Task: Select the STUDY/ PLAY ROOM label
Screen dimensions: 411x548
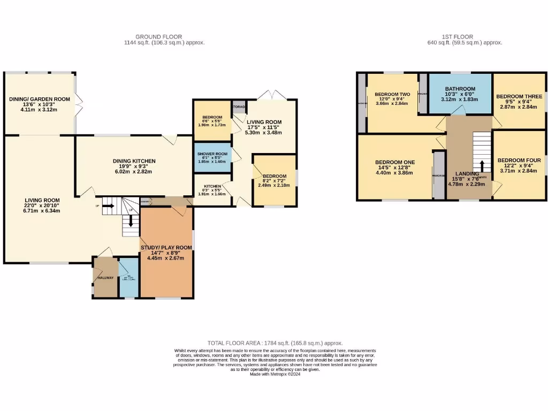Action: pos(166,247)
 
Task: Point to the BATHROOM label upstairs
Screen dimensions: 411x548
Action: pos(460,89)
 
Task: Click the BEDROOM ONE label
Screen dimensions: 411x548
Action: pos(395,162)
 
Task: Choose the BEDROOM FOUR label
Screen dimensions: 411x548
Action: pos(519,160)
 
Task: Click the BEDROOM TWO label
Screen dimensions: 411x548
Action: pos(392,94)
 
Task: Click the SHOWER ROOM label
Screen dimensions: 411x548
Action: pos(212,154)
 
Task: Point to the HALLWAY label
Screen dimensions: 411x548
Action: pos(105,278)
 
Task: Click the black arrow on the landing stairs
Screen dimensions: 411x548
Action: pos(482,165)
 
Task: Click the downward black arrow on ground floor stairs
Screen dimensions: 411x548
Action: pos(130,221)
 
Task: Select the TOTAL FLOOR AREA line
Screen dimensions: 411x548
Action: pos(275,343)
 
